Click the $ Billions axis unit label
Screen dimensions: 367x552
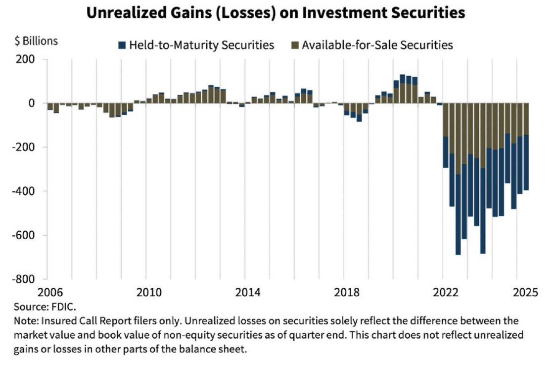(36, 41)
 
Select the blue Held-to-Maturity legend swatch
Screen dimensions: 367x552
(122, 45)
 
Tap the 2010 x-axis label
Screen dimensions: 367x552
(149, 292)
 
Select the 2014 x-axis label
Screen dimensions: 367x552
(248, 292)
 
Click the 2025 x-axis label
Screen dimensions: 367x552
(524, 292)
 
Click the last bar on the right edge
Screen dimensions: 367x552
(526, 149)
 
